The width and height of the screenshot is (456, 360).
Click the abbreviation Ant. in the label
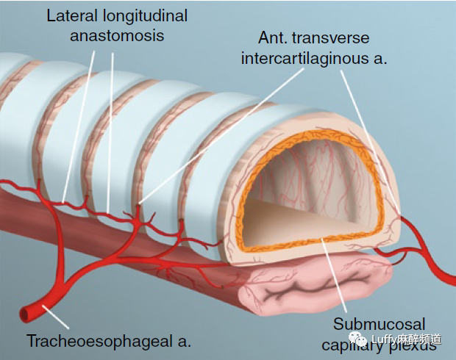tap(271, 37)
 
